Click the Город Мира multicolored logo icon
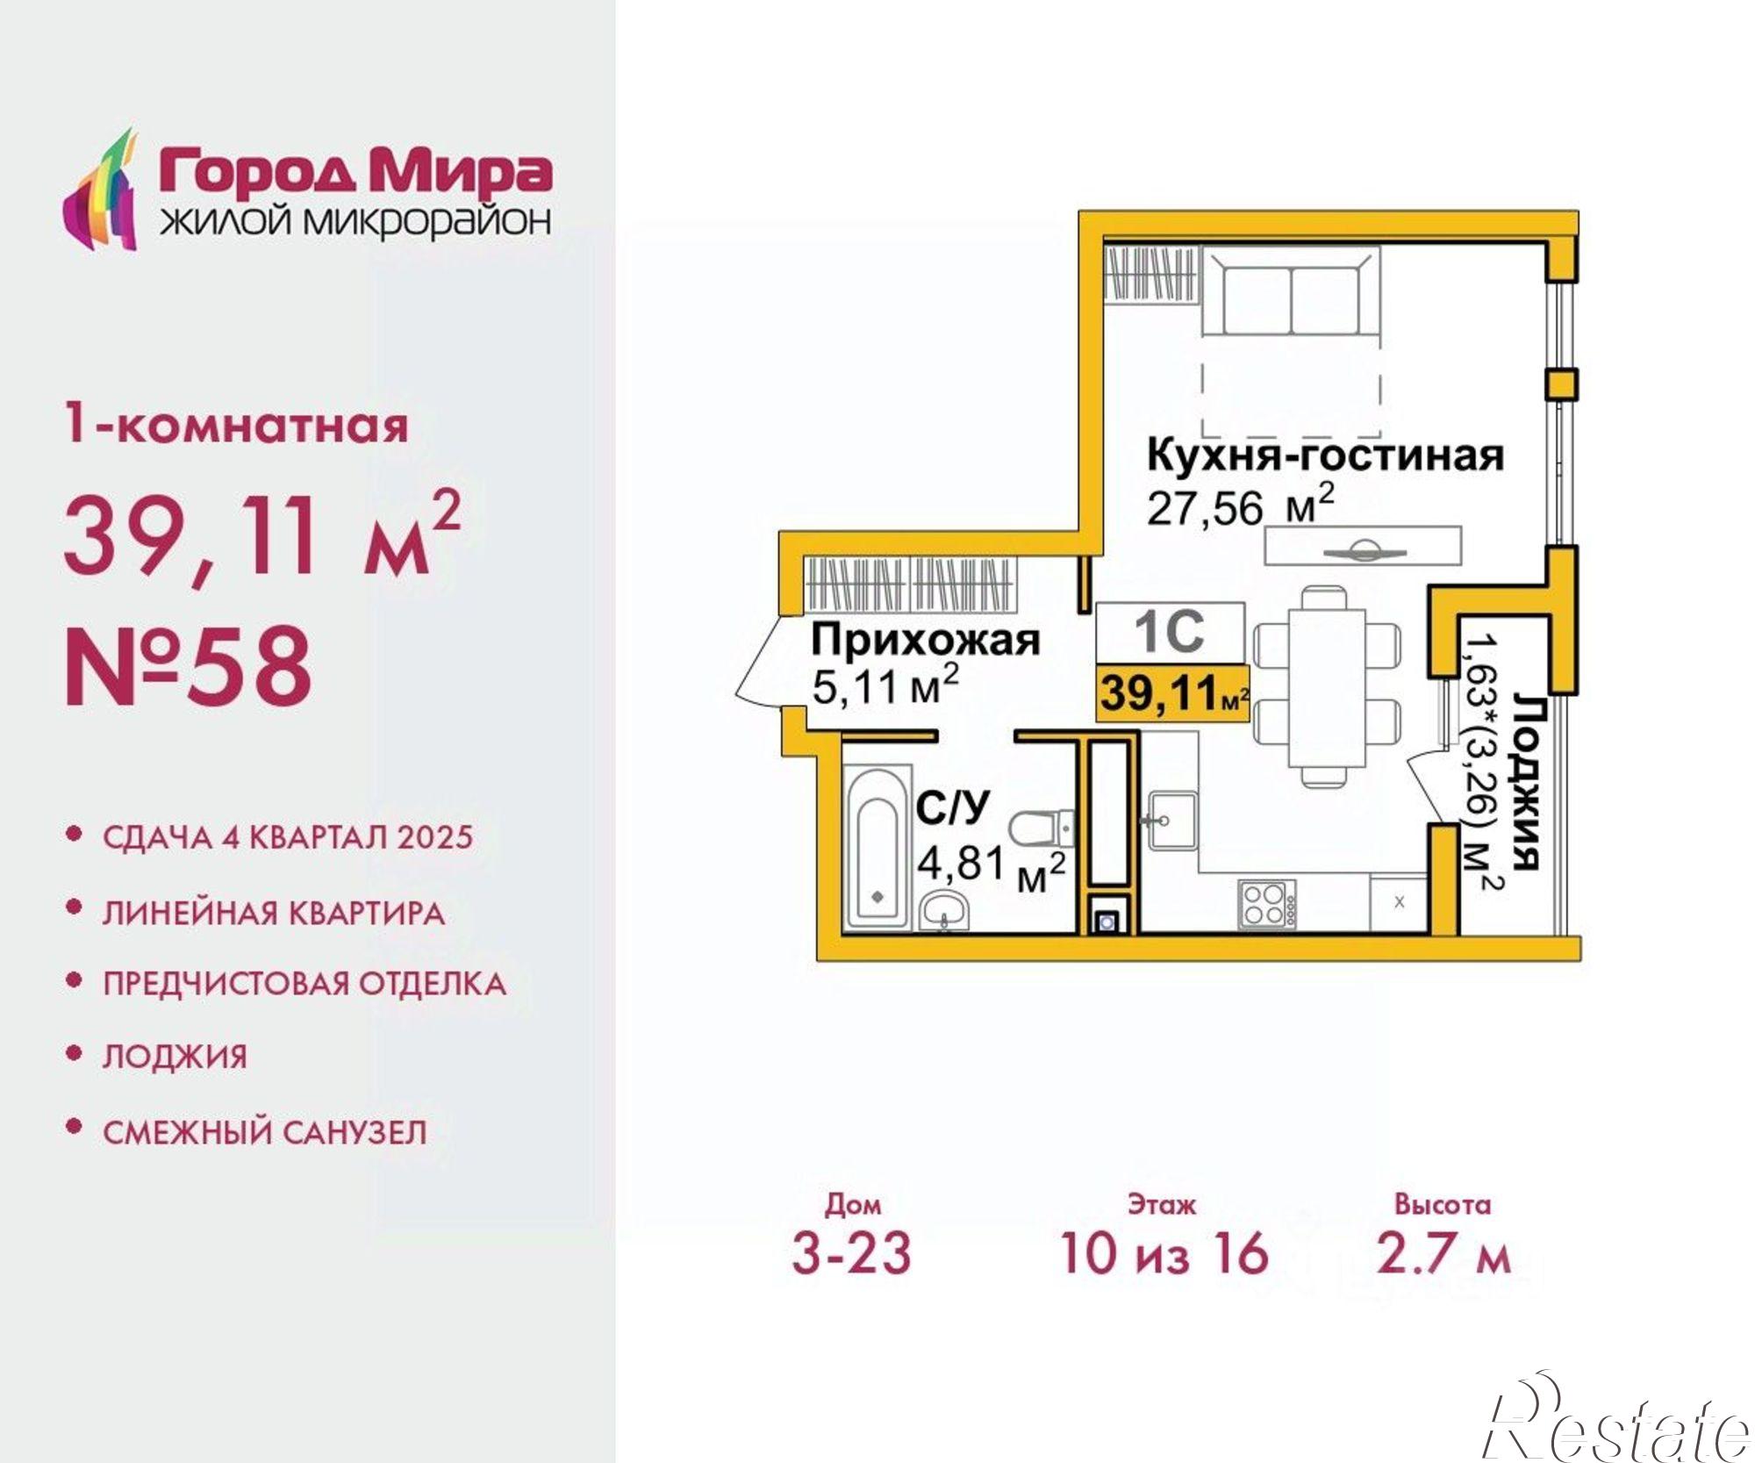tap(101, 191)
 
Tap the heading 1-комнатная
tap(237, 427)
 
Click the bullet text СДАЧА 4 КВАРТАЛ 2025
tap(288, 837)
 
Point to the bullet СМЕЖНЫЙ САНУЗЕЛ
tap(265, 1132)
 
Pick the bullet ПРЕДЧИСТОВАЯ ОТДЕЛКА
tap(304, 984)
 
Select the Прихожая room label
tap(925, 640)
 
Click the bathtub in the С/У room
tap(876, 845)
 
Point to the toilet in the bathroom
tap(1041, 827)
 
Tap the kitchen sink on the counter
tap(1172, 821)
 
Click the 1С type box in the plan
tap(1170, 631)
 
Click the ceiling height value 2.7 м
tap(1443, 1252)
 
